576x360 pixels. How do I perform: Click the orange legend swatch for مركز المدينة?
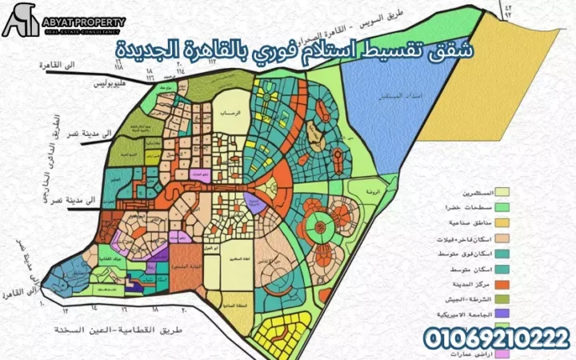coord(503,282)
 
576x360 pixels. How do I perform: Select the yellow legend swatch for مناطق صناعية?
coord(503,222)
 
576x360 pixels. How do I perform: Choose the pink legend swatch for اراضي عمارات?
coord(503,352)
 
